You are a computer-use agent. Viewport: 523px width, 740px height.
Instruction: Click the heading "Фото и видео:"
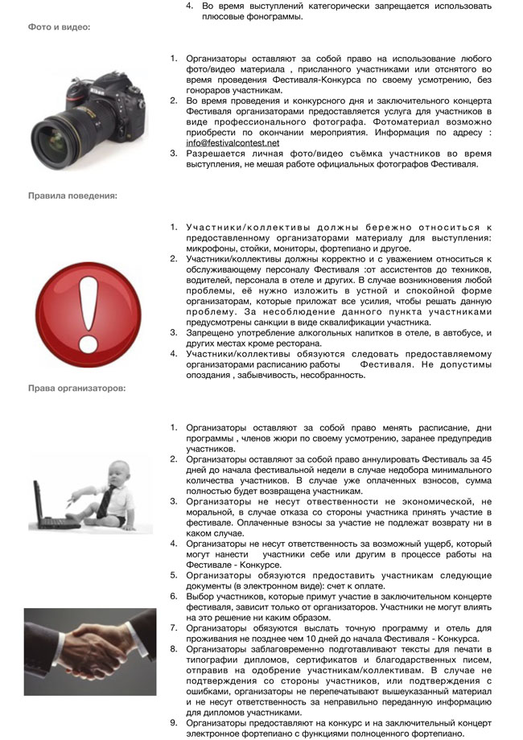[x=60, y=27]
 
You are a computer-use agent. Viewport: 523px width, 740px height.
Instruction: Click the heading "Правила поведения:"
[x=72, y=195]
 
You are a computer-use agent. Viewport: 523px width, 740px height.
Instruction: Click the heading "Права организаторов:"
[x=76, y=388]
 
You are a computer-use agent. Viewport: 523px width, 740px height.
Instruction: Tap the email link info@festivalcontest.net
[x=233, y=142]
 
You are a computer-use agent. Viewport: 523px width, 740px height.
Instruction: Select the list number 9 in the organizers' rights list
[x=173, y=721]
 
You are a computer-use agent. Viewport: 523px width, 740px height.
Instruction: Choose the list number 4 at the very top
[x=190, y=6]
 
